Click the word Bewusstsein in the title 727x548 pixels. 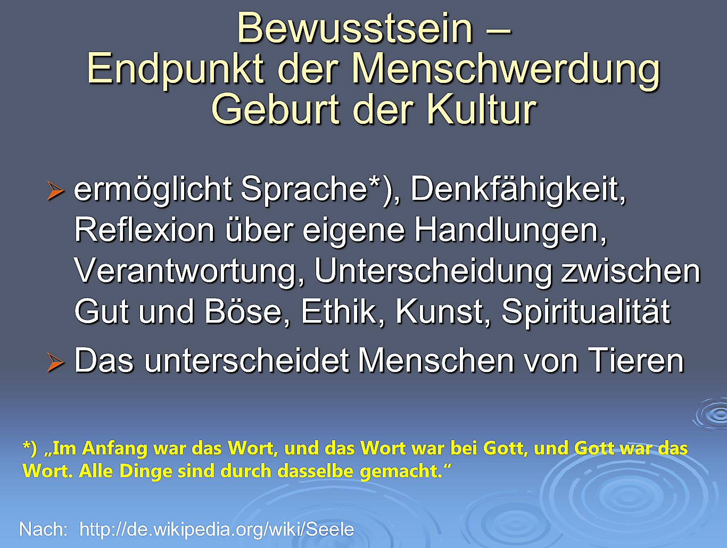pos(355,29)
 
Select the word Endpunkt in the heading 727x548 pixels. pos(176,70)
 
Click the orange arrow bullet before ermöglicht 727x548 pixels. pos(55,191)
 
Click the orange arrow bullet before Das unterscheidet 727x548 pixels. pos(55,362)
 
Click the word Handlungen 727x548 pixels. pos(510,232)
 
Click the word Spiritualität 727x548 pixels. pos(585,312)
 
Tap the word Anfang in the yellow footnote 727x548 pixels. pos(114,449)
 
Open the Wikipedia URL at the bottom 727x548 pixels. pos(217,529)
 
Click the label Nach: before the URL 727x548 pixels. pos(44,529)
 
